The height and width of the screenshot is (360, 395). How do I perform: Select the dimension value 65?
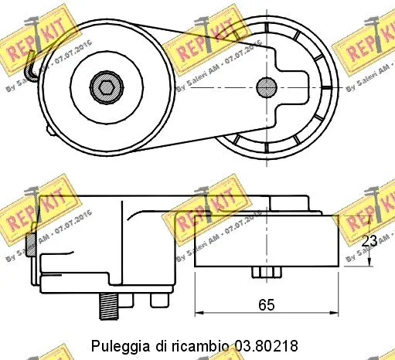[267, 304]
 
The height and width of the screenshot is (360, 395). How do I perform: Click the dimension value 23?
[369, 240]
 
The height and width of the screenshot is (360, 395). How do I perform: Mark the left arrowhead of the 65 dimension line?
[198, 313]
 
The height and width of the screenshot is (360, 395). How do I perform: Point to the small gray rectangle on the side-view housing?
[30, 244]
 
